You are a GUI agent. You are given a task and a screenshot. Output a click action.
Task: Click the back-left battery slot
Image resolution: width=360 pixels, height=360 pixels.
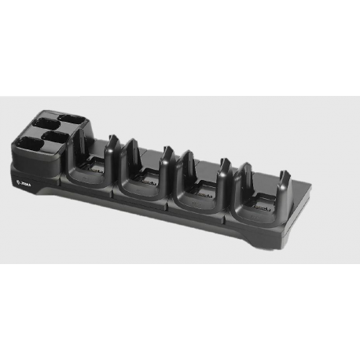pyautogui.click(x=43, y=126)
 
